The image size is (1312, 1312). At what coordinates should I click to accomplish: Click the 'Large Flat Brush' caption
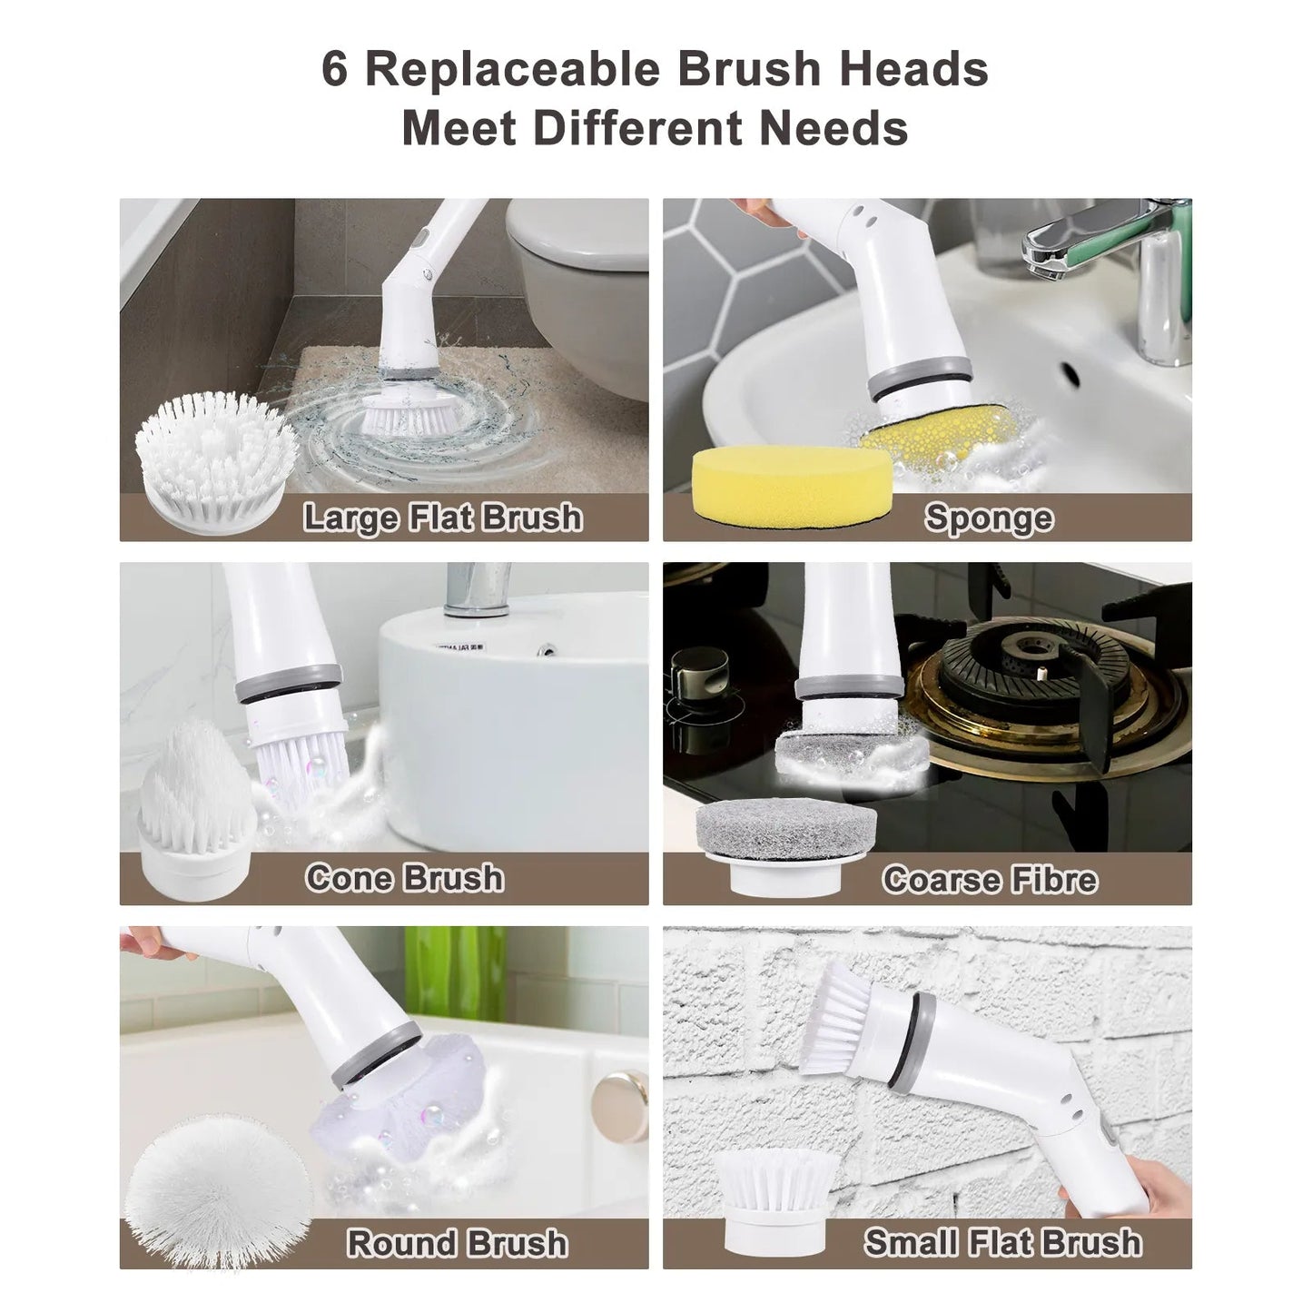click(442, 518)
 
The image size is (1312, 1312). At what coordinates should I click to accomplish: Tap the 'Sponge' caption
click(989, 518)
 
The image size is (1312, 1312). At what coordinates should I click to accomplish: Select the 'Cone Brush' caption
click(404, 878)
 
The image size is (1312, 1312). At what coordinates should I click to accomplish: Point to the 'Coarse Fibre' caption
click(990, 879)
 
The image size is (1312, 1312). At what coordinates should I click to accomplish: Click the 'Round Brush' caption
click(458, 1243)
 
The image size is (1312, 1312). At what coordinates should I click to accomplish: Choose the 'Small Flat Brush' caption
click(1002, 1242)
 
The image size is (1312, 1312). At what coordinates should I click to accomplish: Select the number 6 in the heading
click(334, 70)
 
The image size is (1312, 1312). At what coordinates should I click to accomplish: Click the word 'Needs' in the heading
click(834, 128)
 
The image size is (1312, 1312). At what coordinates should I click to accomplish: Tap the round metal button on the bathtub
click(617, 1099)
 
